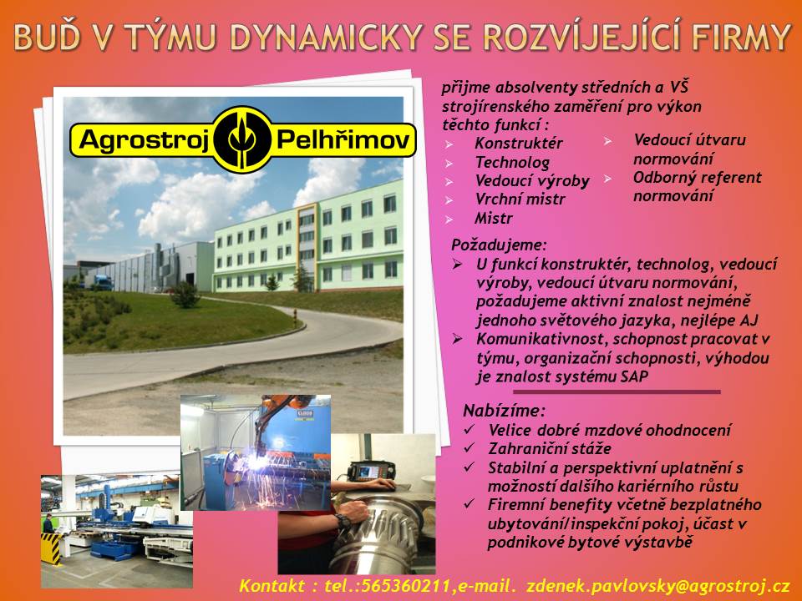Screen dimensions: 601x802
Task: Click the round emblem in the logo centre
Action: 242,139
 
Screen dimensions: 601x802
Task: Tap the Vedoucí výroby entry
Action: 531,181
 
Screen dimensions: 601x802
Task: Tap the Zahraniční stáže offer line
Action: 538,449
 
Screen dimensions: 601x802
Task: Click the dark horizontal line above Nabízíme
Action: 617,391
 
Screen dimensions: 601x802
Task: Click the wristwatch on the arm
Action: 342,519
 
